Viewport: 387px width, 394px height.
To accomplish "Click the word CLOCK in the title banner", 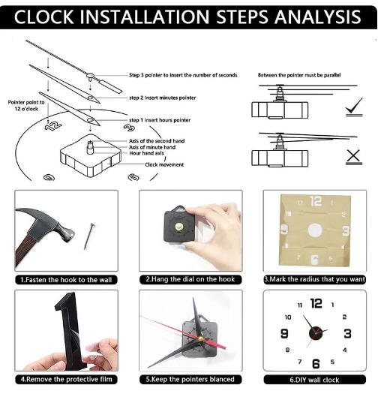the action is tap(43, 17).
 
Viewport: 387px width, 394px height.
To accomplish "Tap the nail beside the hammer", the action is tap(89, 236).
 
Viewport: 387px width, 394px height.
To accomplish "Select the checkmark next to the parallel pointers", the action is tap(354, 107).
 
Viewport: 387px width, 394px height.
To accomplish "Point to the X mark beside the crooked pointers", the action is tap(353, 157).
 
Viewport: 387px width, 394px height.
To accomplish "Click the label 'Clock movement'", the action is tap(164, 165).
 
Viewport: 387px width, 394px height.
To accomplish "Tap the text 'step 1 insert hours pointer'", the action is tap(160, 120).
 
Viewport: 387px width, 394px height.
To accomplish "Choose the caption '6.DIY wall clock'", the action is tap(314, 380).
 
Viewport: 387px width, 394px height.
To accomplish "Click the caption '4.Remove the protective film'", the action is tap(66, 379).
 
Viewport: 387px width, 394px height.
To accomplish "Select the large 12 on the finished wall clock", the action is tap(316, 303).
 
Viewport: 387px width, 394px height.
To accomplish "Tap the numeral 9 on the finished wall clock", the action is tap(284, 333).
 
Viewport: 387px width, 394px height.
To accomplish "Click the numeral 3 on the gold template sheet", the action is tap(346, 230).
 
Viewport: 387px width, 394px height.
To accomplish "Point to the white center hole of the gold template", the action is tap(315, 230).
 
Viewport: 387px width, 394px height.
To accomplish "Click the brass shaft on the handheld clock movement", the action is tap(178, 227).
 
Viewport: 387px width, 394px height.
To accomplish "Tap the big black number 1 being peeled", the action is tap(67, 329).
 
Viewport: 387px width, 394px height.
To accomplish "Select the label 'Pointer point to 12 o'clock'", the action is tap(26, 106).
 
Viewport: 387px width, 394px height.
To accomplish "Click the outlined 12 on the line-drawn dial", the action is tap(53, 126).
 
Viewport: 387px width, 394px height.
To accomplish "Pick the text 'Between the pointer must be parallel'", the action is tap(299, 75).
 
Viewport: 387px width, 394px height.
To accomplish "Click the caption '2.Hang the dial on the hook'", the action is tap(190, 279).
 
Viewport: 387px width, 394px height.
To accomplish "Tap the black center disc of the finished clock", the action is tap(316, 333).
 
